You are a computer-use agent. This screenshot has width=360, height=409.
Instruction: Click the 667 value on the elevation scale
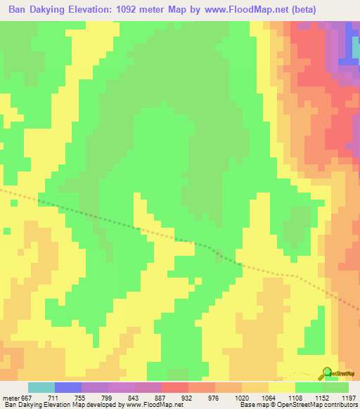[27, 397]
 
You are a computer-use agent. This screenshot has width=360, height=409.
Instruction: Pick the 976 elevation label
[214, 397]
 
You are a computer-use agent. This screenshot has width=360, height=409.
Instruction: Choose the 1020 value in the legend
[241, 397]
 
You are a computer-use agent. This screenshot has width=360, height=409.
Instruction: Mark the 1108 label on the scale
[294, 397]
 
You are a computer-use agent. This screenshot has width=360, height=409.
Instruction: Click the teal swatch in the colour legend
[41, 387]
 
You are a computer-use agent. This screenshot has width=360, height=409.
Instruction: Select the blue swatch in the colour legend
[68, 387]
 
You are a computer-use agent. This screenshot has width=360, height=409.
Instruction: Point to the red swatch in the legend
[175, 387]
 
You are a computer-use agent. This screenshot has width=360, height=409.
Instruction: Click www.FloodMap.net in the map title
[246, 10]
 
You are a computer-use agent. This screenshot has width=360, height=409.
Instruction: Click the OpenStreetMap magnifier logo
[328, 372]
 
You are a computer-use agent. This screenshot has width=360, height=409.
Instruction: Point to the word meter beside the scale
[10, 397]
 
